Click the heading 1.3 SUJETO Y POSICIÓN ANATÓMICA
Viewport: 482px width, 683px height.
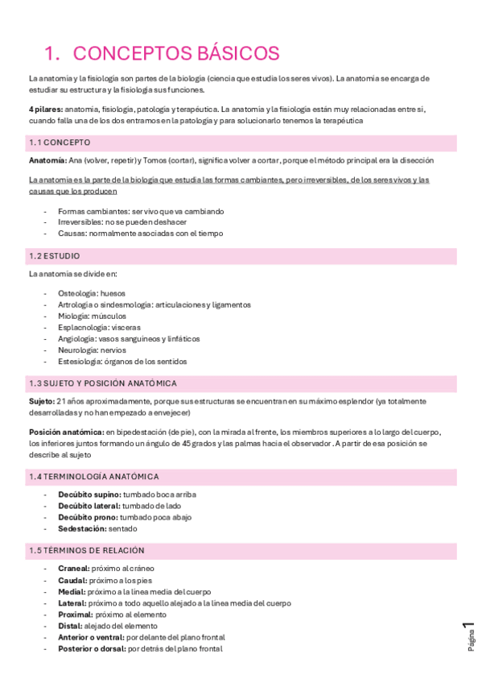point(102,383)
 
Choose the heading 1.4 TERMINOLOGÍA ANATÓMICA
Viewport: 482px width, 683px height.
point(93,476)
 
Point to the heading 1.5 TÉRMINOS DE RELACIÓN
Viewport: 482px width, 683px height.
point(86,551)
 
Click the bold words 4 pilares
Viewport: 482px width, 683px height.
point(45,109)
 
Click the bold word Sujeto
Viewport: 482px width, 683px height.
point(42,401)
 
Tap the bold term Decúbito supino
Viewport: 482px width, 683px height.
point(90,495)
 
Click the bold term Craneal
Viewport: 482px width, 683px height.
point(73,569)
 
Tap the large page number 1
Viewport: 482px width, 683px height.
point(468,629)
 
